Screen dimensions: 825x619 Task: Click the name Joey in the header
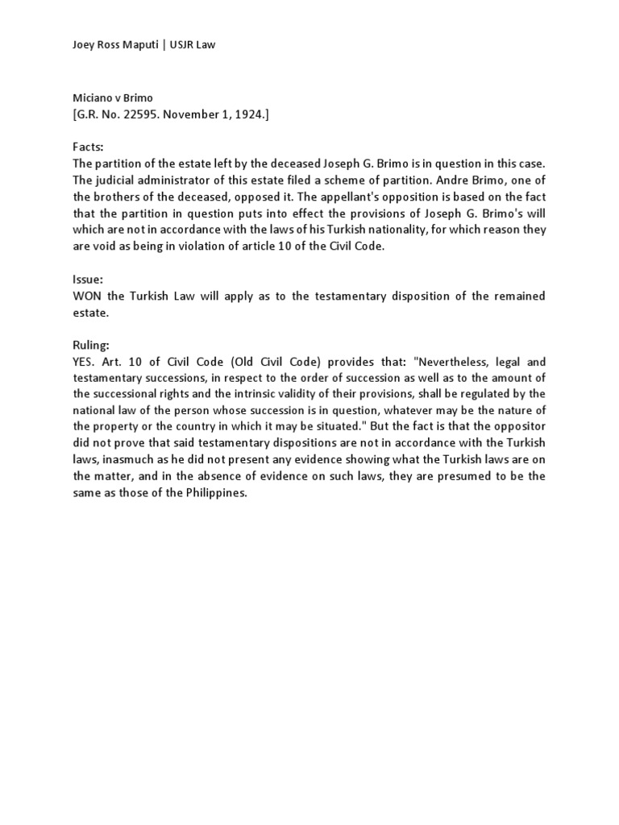(85, 45)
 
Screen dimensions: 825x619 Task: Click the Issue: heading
(88, 280)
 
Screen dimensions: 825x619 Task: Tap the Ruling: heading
(92, 345)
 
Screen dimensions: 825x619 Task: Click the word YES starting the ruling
(85, 362)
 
